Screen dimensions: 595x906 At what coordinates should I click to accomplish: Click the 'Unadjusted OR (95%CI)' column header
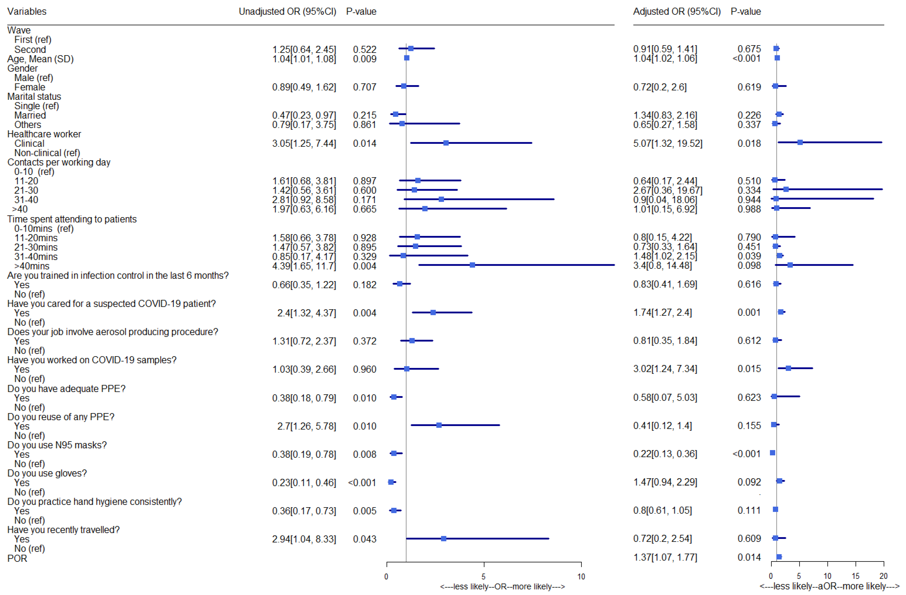(x=288, y=11)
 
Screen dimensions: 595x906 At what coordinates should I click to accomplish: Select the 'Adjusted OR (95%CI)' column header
(x=676, y=11)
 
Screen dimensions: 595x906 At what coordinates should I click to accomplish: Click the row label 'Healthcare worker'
(x=44, y=134)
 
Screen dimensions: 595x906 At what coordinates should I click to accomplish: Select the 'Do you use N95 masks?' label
(x=57, y=445)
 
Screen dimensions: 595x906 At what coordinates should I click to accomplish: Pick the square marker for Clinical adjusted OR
(x=800, y=142)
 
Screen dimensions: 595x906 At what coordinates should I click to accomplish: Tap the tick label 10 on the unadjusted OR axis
(x=581, y=576)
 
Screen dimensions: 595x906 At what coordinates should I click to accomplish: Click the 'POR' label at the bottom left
(x=17, y=558)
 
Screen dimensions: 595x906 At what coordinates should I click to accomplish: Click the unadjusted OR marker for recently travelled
(x=444, y=539)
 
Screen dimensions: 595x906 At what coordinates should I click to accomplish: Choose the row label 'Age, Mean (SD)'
(x=40, y=59)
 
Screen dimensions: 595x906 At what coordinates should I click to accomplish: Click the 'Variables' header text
(x=27, y=11)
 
